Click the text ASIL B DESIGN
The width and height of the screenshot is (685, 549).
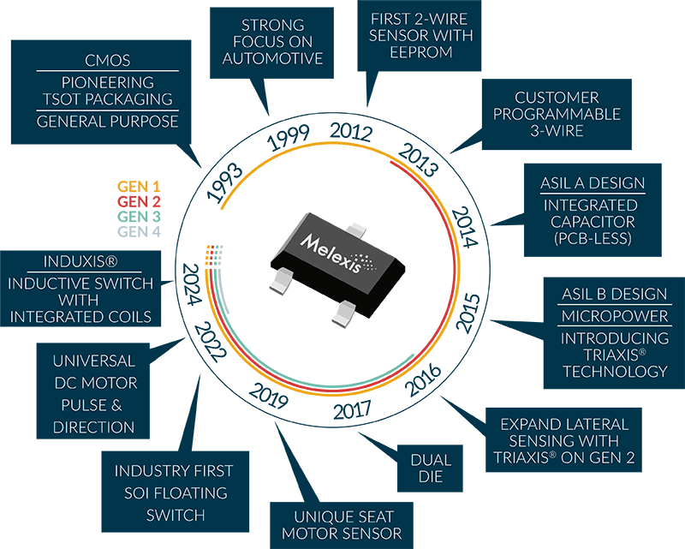point(614,294)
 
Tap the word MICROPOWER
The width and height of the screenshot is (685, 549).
point(614,316)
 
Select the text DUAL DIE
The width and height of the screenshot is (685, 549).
point(431,468)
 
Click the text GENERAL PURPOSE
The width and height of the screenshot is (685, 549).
point(107,122)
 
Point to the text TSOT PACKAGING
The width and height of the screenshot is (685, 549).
point(107,99)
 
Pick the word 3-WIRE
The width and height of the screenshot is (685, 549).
point(556,131)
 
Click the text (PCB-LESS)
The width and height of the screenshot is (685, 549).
point(592,239)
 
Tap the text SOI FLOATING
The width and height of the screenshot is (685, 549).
point(175,493)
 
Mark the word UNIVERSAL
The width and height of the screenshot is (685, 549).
point(93,361)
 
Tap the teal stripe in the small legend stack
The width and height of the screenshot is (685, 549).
point(128,216)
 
